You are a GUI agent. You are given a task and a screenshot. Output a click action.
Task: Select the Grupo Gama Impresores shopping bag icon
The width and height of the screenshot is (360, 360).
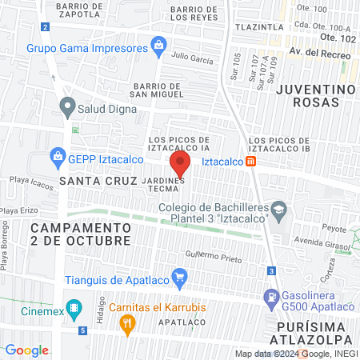coord(159,44)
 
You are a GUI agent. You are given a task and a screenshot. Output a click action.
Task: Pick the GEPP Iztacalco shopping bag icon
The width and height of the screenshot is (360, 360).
coord(57,156)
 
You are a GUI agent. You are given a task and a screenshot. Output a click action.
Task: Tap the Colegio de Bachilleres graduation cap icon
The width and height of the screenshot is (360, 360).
coord(278,213)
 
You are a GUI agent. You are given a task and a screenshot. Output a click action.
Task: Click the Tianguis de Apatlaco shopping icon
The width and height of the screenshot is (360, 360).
coord(180,280)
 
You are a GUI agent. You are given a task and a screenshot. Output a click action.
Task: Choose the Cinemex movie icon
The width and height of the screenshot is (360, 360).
coord(74,307)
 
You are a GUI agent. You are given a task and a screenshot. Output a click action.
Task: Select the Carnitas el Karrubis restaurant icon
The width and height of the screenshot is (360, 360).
coord(126,323)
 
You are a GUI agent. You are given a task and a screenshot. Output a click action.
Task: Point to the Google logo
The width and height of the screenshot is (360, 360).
coord(26,350)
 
